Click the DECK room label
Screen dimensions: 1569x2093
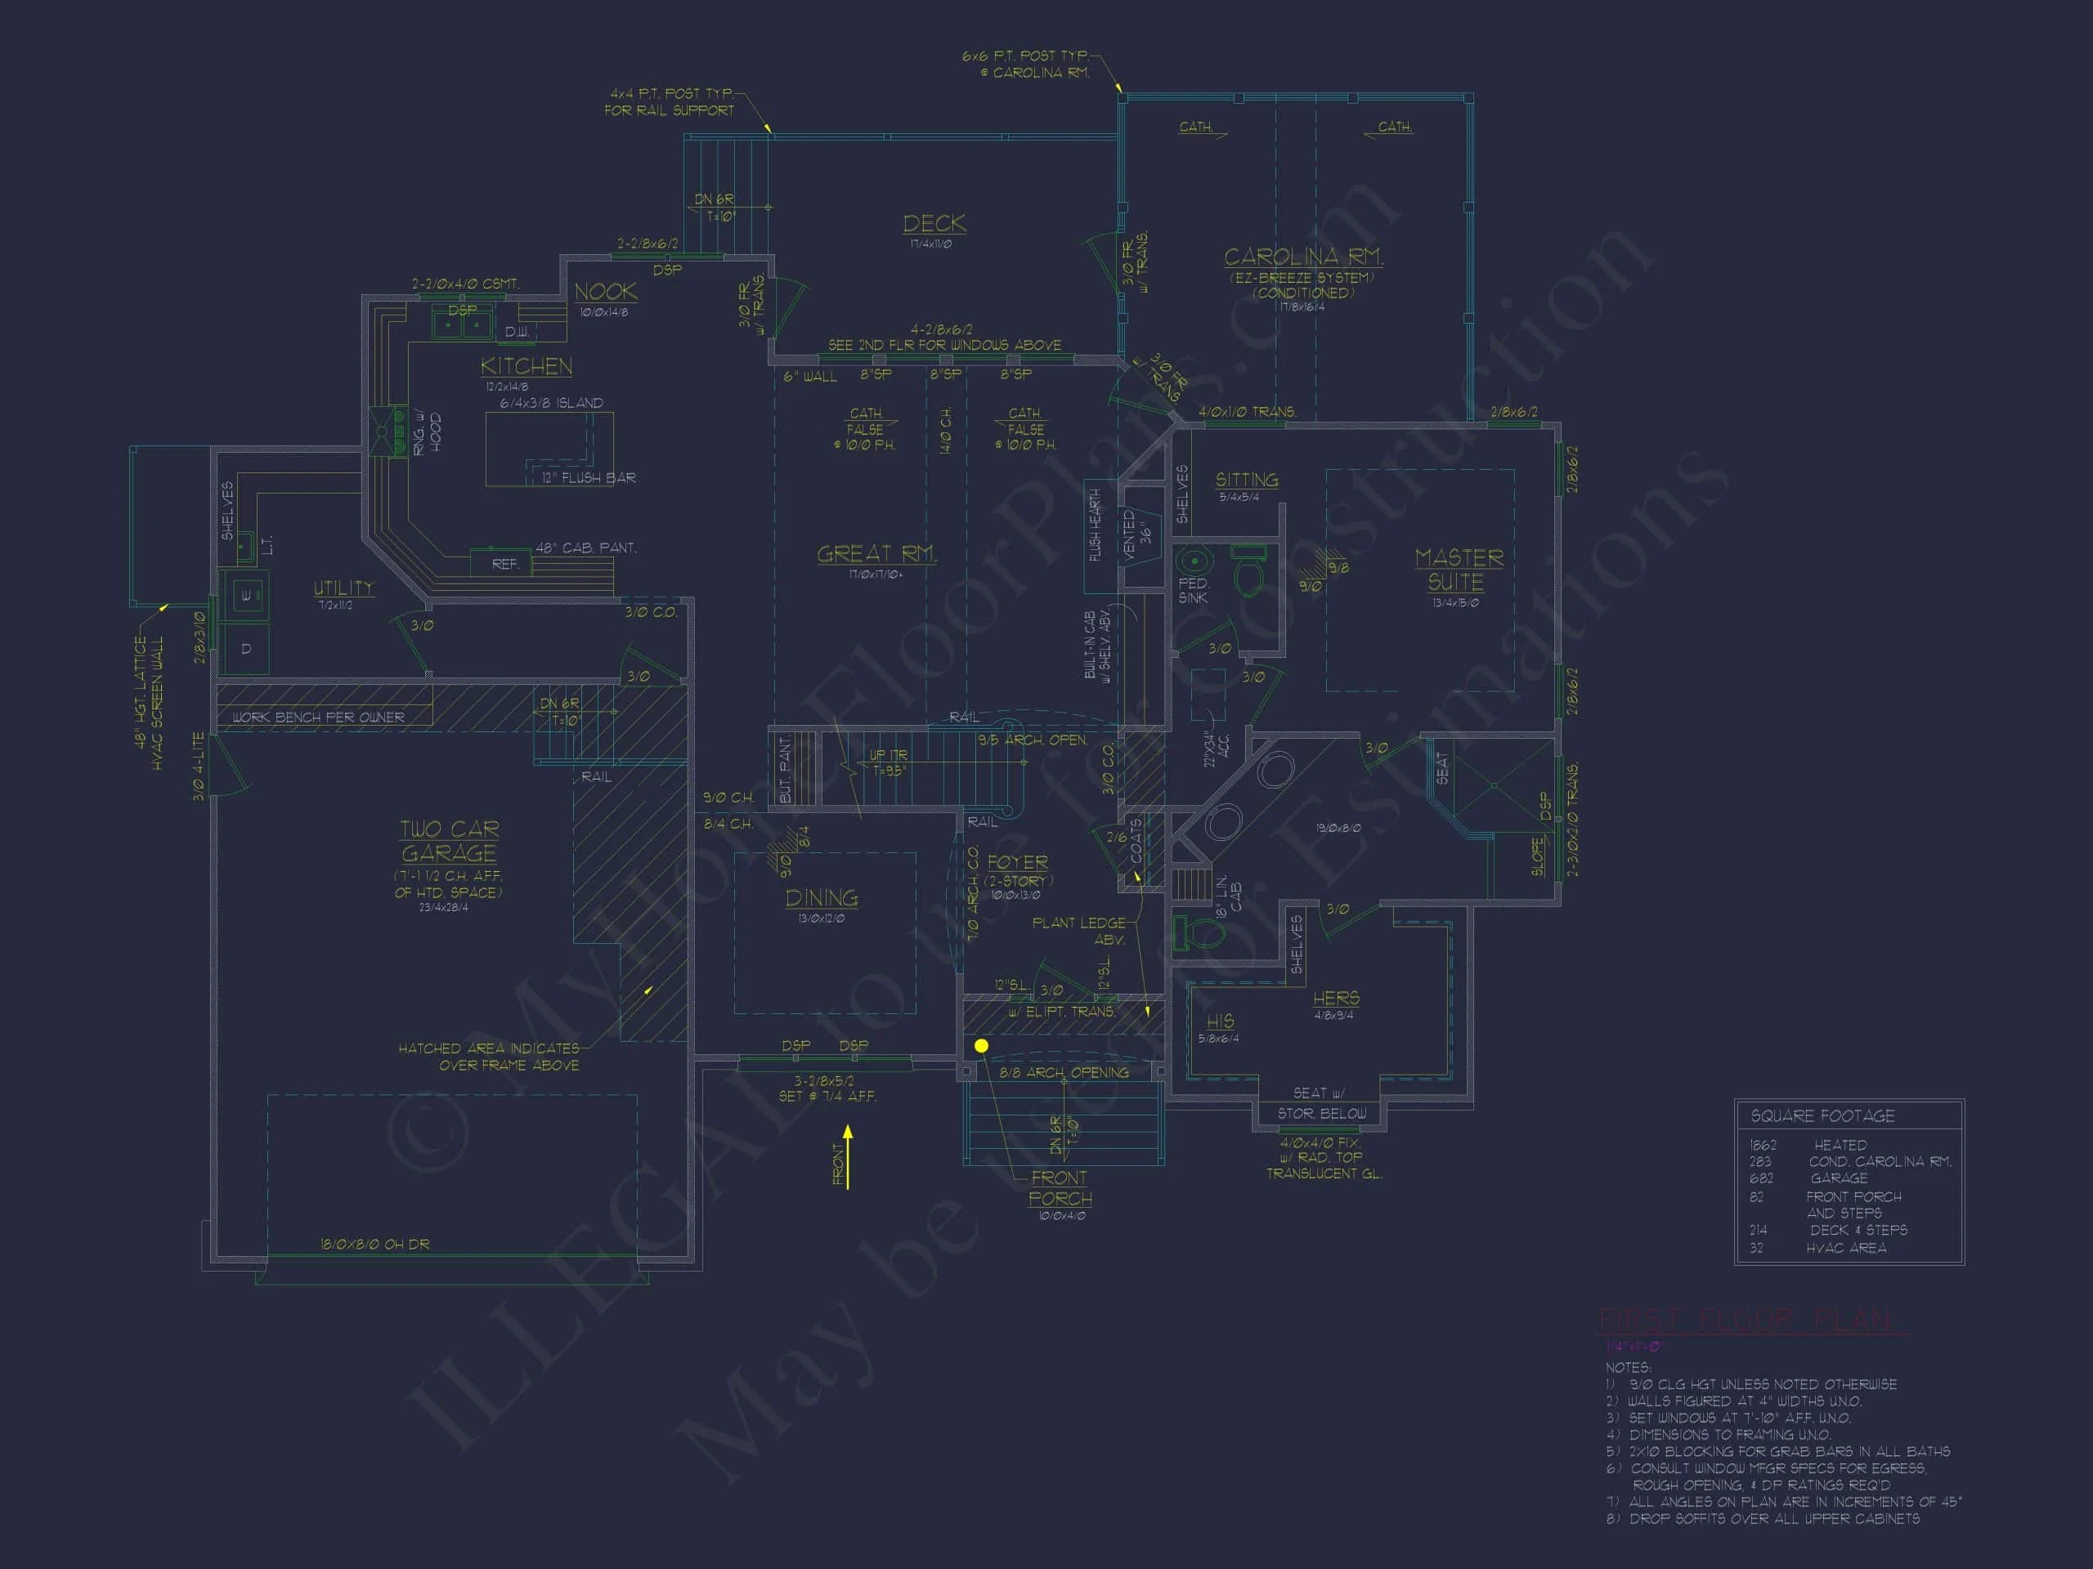[x=934, y=223]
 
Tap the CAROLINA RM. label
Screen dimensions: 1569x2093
[x=1303, y=257]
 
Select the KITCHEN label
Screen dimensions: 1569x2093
[x=526, y=366]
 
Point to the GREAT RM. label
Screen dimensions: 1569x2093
[x=876, y=553]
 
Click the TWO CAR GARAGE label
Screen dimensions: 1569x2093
[x=449, y=841]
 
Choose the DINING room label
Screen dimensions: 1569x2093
[x=822, y=897]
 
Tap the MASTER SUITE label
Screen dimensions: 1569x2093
[x=1458, y=570]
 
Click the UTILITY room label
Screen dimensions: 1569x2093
[x=343, y=588]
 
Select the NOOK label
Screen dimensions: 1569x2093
[x=606, y=293]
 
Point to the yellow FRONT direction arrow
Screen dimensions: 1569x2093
[x=848, y=1156]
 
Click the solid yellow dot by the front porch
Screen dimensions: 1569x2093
[x=981, y=1045]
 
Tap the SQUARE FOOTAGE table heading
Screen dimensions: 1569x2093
[x=1822, y=1116]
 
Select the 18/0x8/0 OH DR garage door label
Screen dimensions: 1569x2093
[x=374, y=1244]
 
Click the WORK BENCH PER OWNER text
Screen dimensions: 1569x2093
[x=318, y=717]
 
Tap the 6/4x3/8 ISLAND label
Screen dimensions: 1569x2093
[x=552, y=403]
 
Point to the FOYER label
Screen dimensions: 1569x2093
[x=1017, y=862]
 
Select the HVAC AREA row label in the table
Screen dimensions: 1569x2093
[x=1845, y=1249]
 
